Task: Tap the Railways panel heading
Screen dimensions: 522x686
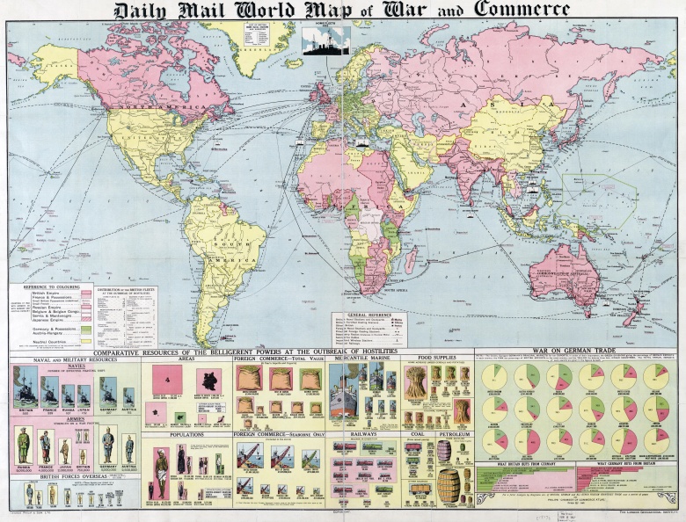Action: pyautogui.click(x=364, y=434)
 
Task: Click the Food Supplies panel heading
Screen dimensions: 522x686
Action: pyautogui.click(x=436, y=359)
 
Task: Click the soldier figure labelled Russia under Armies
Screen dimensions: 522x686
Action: pyautogui.click(x=24, y=446)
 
